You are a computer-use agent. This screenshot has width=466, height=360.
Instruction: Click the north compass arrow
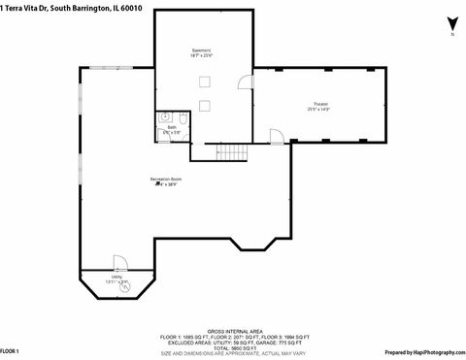(x=451, y=23)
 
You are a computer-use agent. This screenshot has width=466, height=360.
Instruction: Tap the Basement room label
(x=201, y=51)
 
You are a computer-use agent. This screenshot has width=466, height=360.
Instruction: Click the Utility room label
(x=116, y=278)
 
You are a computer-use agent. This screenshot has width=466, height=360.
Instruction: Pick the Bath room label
(x=172, y=129)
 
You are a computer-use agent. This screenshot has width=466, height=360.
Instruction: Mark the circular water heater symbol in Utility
(x=123, y=285)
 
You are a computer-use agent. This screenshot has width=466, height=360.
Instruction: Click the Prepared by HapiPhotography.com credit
(x=424, y=351)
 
